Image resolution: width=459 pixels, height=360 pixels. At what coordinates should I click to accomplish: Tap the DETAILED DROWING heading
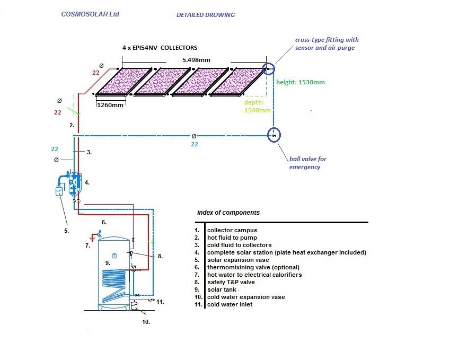click(x=206, y=15)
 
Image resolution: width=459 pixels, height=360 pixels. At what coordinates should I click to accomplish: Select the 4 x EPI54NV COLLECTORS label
click(x=160, y=48)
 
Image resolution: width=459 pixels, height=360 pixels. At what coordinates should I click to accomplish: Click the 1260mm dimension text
click(x=110, y=105)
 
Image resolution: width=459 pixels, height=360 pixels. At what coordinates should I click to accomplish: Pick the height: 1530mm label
click(x=301, y=82)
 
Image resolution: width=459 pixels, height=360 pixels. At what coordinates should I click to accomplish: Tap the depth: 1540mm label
click(x=258, y=106)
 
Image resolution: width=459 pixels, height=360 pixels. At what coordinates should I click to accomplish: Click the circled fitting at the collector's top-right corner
click(x=269, y=69)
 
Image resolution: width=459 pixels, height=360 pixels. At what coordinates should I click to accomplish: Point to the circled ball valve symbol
click(x=273, y=135)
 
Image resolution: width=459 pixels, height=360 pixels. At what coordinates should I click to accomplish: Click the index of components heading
click(x=228, y=212)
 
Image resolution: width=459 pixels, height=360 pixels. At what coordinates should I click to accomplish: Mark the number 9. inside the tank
click(x=108, y=262)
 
